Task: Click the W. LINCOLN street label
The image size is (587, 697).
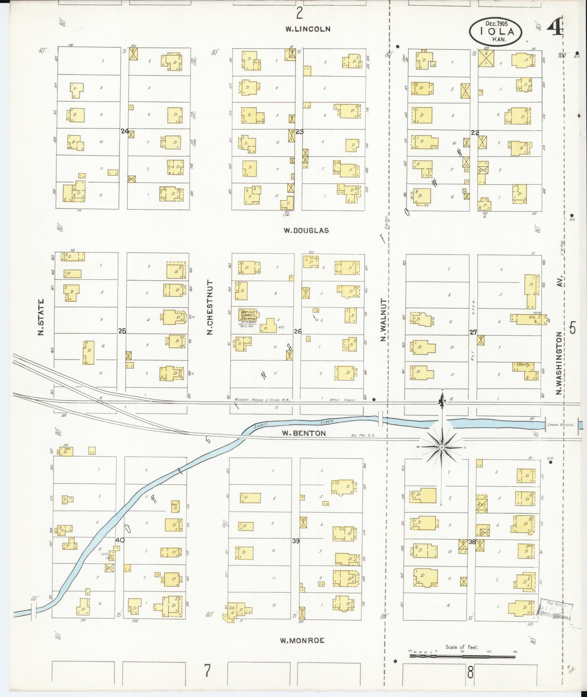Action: (308, 29)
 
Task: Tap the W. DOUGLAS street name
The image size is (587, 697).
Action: (306, 230)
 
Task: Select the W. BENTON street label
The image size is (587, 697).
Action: (304, 433)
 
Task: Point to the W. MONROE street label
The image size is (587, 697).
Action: (302, 641)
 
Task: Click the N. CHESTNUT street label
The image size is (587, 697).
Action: (210, 307)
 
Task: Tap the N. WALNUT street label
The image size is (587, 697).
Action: (383, 320)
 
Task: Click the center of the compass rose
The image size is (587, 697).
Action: (441, 447)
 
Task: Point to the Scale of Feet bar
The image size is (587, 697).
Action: (462, 656)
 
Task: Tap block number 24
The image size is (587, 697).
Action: (124, 131)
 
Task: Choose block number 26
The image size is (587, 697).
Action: (298, 331)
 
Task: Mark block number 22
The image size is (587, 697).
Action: (475, 133)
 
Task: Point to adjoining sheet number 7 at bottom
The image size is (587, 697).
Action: (207, 670)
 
